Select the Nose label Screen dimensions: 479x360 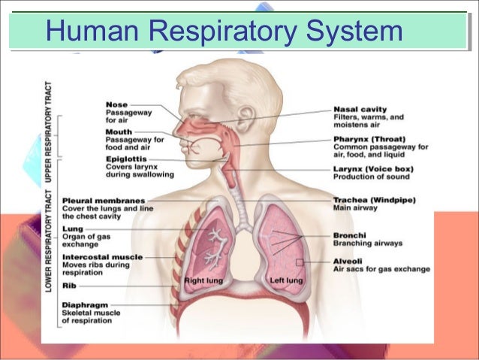click(x=116, y=104)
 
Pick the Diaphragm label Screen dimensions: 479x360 click(x=84, y=305)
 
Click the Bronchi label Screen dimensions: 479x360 click(x=349, y=235)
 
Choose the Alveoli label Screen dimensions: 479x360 click(x=348, y=260)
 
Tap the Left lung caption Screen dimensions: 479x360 click(x=286, y=280)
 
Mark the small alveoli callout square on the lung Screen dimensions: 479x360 click(x=300, y=262)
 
